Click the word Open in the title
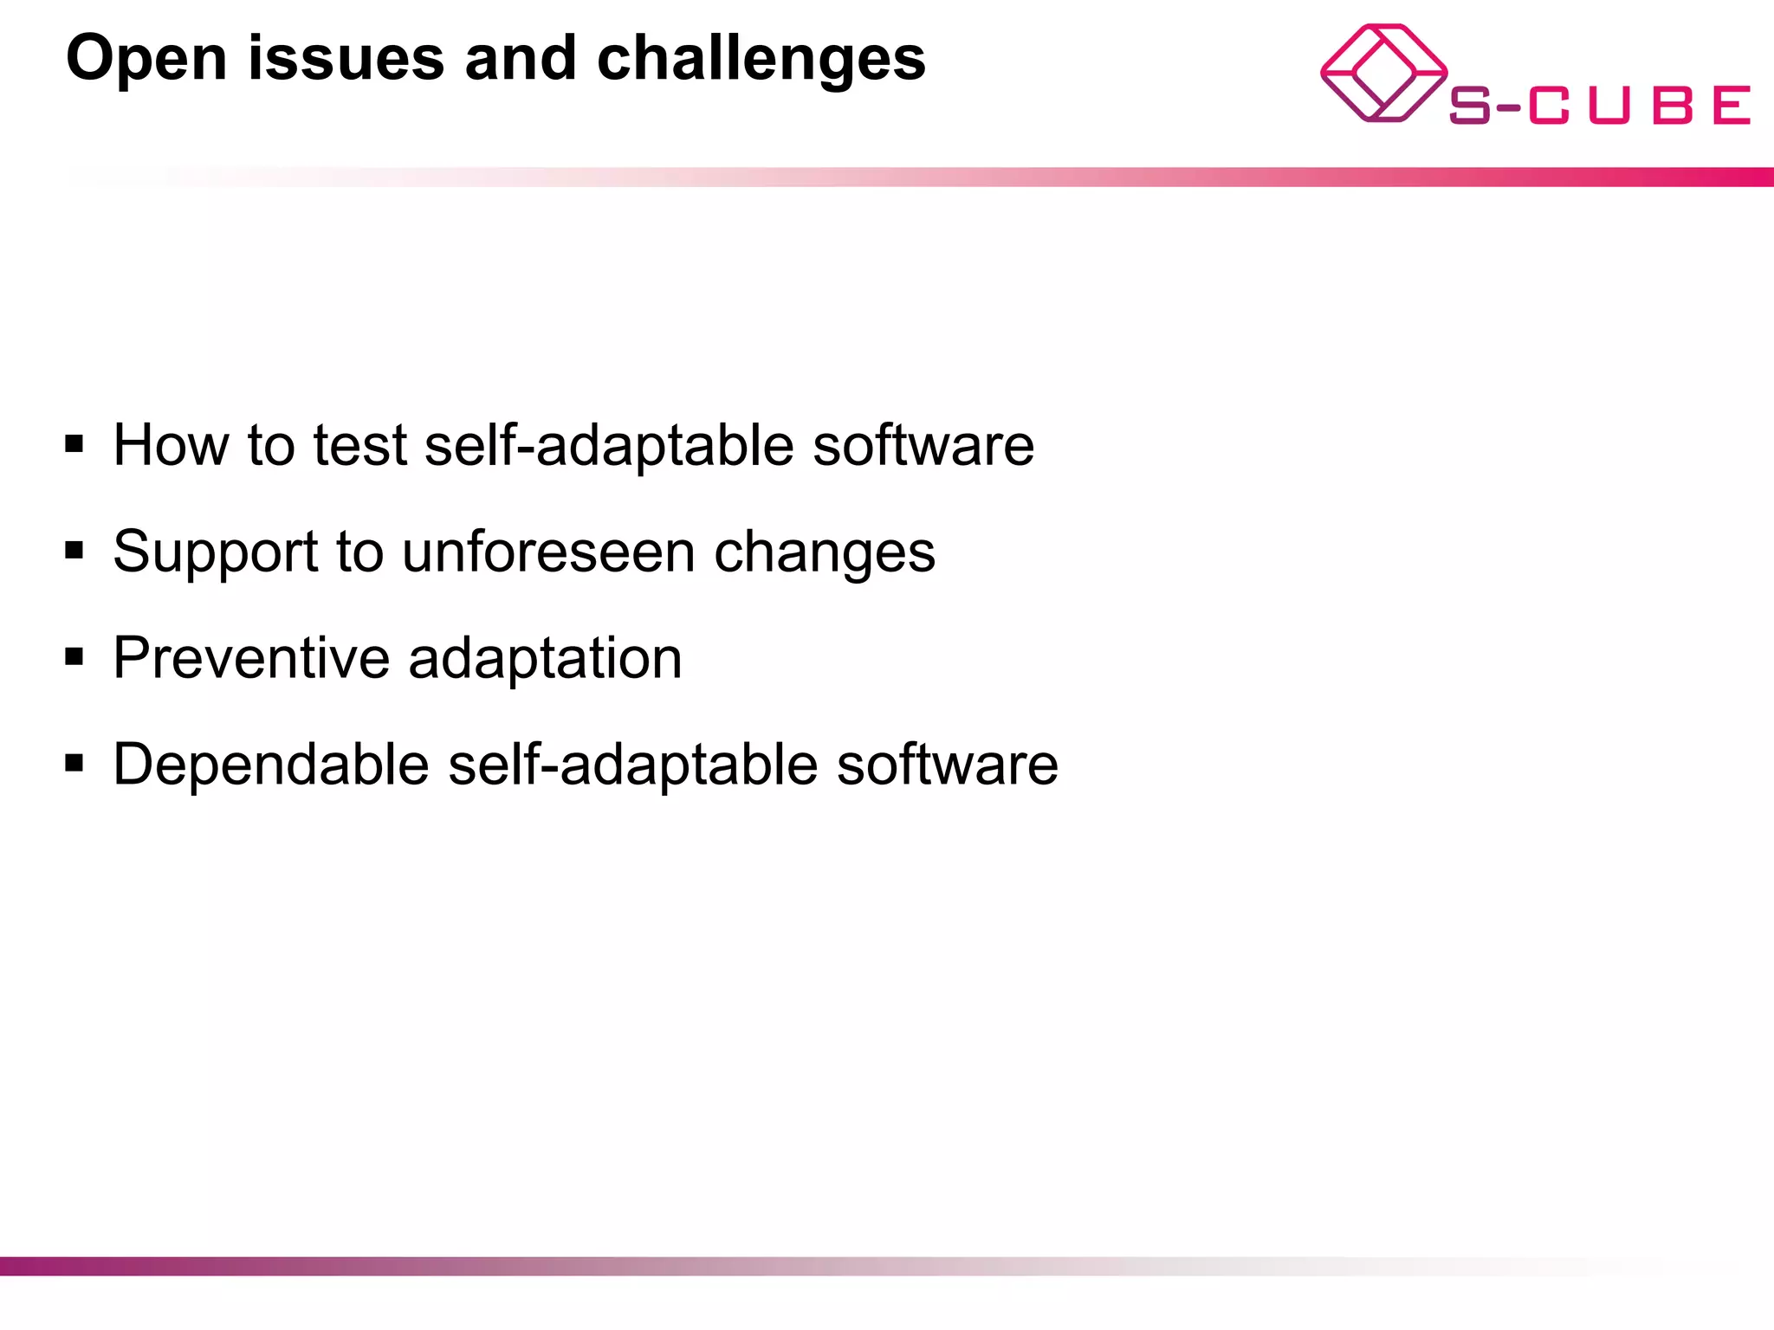[x=146, y=59]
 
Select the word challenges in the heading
[x=761, y=59]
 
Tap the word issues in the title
[x=346, y=59]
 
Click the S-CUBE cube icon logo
[x=1382, y=73]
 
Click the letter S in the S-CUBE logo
[x=1470, y=106]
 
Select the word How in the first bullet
[x=171, y=445]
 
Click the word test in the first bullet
[x=359, y=445]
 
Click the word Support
[x=216, y=552]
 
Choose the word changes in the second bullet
[x=824, y=552]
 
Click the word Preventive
[x=251, y=658]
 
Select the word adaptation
[x=545, y=658]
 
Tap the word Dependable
[x=271, y=765]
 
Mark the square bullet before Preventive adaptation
[x=74, y=657]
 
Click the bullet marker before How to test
[x=74, y=444]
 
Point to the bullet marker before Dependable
[x=74, y=764]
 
